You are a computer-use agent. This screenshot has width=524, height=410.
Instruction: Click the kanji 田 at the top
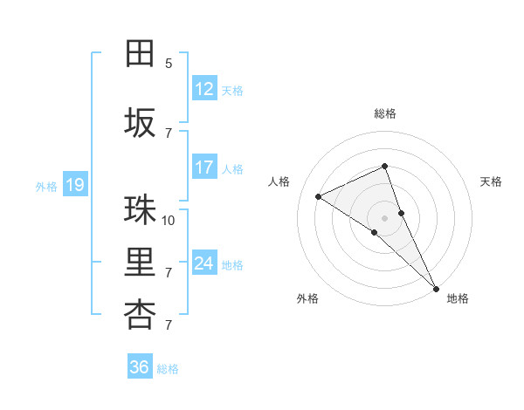point(141,53)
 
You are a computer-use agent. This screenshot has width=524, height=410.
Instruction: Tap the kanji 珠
point(141,210)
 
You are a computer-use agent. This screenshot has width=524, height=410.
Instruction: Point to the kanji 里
point(141,263)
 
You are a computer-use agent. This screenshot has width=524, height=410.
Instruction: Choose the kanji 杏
point(141,315)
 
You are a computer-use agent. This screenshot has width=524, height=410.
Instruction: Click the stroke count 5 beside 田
point(169,64)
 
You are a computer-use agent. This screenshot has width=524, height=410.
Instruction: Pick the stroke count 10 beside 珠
point(169,220)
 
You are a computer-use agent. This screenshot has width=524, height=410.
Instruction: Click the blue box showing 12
point(203,89)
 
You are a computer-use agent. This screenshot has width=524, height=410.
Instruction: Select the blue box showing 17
point(203,167)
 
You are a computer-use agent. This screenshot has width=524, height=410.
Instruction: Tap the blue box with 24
point(203,263)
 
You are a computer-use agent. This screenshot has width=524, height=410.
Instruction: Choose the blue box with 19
point(74,185)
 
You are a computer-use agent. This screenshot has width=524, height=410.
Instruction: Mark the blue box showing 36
point(139,367)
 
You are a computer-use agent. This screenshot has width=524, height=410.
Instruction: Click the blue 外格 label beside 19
point(45,186)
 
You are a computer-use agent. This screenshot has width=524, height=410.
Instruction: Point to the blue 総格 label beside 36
point(168,369)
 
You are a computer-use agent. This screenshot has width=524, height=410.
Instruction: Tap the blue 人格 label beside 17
point(232,169)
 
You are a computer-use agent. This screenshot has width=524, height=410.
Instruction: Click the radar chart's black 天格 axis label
point(491,181)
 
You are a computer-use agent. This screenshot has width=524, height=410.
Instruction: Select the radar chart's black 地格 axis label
point(458,298)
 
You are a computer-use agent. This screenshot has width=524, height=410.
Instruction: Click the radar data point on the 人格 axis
point(319,196)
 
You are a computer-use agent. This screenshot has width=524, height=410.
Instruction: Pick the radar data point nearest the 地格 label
point(435,287)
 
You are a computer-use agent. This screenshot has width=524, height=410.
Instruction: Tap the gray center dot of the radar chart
point(384,217)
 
